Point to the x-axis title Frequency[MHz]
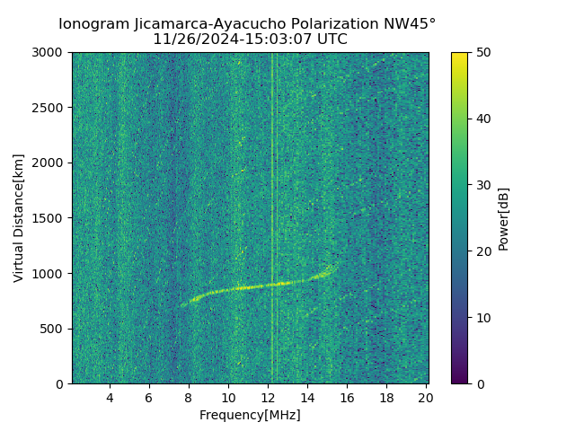click(250, 415)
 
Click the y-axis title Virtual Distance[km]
click(19, 218)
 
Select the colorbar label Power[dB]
click(504, 218)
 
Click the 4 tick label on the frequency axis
click(110, 398)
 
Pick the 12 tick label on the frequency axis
click(268, 398)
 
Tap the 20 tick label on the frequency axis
click(426, 398)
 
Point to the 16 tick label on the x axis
click(347, 398)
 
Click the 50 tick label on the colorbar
click(482, 53)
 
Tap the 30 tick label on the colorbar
click(482, 185)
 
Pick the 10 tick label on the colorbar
click(482, 318)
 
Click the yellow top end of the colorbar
click(459, 56)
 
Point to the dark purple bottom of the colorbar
click(459, 380)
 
